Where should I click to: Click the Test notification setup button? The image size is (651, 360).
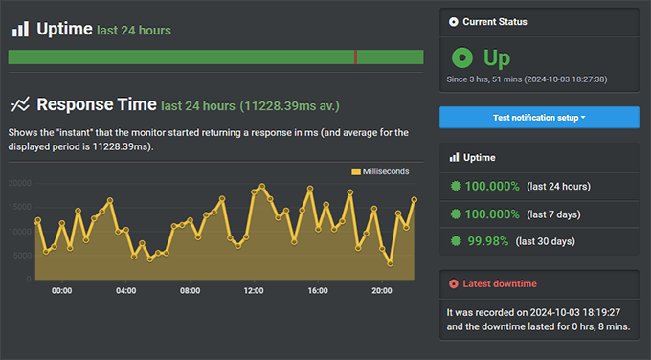[539, 117]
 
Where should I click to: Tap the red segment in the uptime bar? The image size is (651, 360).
[356, 57]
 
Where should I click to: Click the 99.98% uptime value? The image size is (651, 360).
[486, 240]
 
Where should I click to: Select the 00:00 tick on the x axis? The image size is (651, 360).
[61, 290]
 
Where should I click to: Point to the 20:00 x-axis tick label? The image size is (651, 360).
[381, 290]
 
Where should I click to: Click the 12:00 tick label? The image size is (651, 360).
[254, 290]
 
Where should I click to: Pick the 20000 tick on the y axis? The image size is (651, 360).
[20, 183]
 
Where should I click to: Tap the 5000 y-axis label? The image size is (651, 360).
[23, 256]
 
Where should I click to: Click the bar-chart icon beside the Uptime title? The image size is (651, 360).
[19, 30]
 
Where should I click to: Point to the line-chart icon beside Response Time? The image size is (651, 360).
[20, 104]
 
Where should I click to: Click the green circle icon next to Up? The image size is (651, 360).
[461, 57]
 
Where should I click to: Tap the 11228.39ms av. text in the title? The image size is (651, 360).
[290, 105]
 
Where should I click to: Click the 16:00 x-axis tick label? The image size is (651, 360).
[318, 290]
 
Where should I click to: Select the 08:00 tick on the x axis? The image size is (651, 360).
[190, 290]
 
